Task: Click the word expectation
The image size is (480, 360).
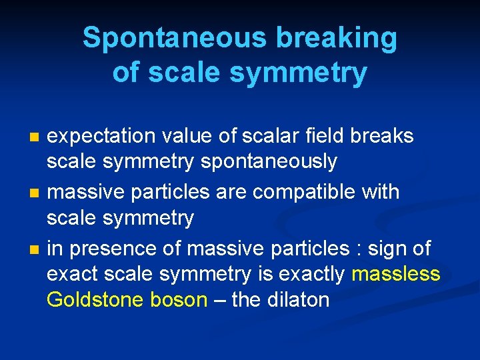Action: coord(101,136)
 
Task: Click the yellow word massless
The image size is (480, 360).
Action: coord(396,273)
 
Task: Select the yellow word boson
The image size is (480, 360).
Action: coord(178,299)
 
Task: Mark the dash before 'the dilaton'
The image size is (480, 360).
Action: coord(219,299)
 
